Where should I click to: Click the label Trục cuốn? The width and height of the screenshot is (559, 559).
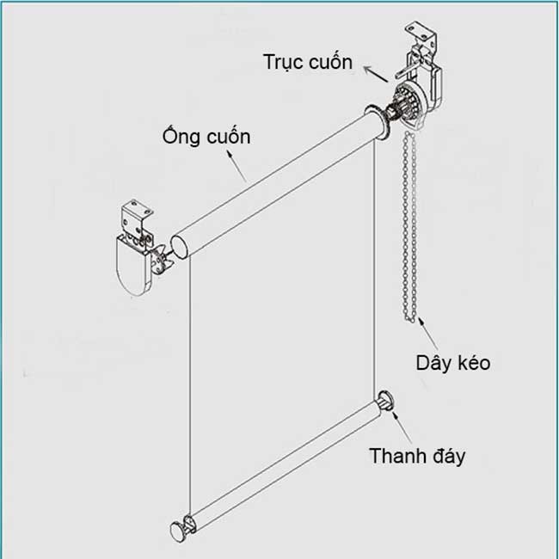(x=309, y=63)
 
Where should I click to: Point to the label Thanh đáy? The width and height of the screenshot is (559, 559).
(x=417, y=455)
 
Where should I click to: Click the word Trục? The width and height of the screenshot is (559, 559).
(x=286, y=63)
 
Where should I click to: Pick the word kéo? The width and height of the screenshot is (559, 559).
(x=473, y=362)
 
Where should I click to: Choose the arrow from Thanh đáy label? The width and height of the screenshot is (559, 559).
(x=397, y=422)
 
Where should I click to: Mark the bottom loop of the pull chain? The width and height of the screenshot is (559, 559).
(x=414, y=319)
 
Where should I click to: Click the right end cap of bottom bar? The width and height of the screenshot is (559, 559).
(x=384, y=402)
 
